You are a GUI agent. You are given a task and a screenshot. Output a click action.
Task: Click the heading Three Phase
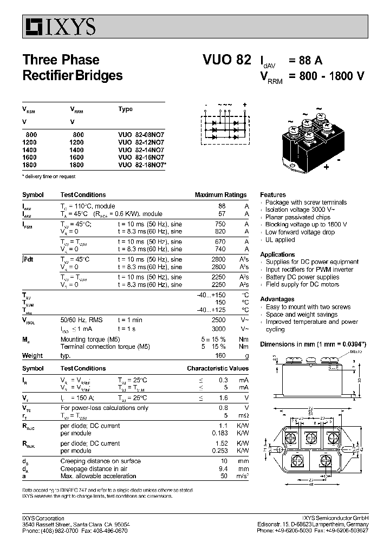pos(61,60)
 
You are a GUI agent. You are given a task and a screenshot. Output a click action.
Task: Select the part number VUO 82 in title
pos(227,60)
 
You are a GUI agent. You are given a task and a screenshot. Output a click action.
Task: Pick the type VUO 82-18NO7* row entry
pos(142,165)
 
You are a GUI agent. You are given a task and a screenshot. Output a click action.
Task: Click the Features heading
pos(273,194)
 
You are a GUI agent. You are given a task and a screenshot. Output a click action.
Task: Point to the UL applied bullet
pos(280,239)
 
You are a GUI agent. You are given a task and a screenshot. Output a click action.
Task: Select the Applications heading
pos(277,255)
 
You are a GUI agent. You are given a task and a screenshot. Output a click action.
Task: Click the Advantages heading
pos(277,299)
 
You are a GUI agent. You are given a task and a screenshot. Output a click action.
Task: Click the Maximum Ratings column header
pos(220,195)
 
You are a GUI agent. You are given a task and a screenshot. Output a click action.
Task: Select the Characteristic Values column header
pos(218,368)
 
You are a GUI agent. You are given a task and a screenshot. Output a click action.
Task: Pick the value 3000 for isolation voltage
pos(218,329)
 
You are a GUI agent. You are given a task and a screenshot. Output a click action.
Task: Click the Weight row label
pos(32,356)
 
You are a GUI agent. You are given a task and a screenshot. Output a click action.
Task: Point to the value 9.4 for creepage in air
pos(221,468)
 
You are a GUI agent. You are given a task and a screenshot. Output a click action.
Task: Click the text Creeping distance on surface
pos(100,461)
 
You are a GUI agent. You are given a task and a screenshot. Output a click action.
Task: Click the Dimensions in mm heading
pos(313,344)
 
